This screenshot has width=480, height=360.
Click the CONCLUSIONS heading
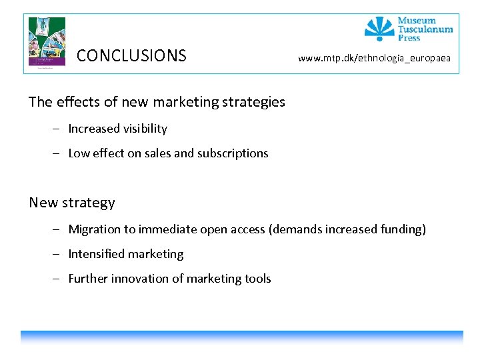(131, 55)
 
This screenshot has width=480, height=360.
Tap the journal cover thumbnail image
(47, 41)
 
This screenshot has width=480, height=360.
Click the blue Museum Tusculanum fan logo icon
(379, 29)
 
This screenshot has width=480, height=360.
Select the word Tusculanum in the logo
(425, 29)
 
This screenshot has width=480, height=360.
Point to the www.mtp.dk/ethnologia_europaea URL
(374, 58)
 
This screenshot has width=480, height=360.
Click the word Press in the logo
(409, 38)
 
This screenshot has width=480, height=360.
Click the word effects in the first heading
(78, 102)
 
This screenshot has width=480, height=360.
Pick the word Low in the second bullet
(79, 153)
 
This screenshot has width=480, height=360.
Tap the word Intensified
(96, 254)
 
